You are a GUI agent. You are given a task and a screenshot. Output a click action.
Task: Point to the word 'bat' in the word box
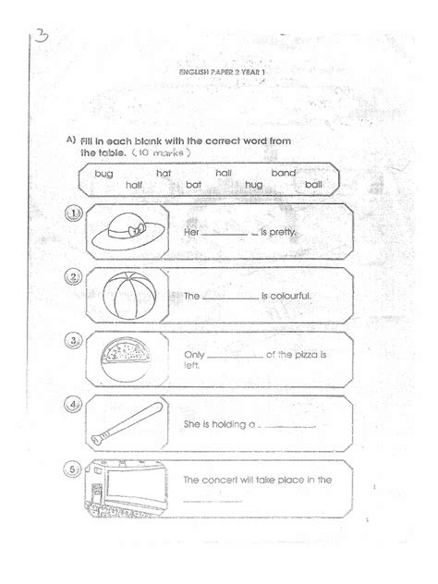(193, 185)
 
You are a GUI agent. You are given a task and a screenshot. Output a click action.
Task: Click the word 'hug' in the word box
(253, 185)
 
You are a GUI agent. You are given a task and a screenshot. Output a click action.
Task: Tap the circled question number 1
(74, 214)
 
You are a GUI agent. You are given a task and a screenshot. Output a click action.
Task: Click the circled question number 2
(74, 277)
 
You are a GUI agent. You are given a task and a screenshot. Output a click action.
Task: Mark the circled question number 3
(74, 341)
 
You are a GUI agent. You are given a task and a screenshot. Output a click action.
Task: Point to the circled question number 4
(74, 404)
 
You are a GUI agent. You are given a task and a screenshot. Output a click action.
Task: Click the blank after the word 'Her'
(228, 235)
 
